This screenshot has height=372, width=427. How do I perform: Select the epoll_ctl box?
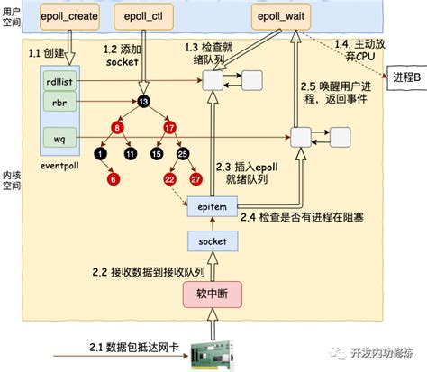pos(141,17)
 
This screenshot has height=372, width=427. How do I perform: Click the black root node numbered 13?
pos(143,101)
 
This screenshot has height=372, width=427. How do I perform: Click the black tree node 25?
pos(183,155)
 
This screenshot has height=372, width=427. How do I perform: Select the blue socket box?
pos(213,240)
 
